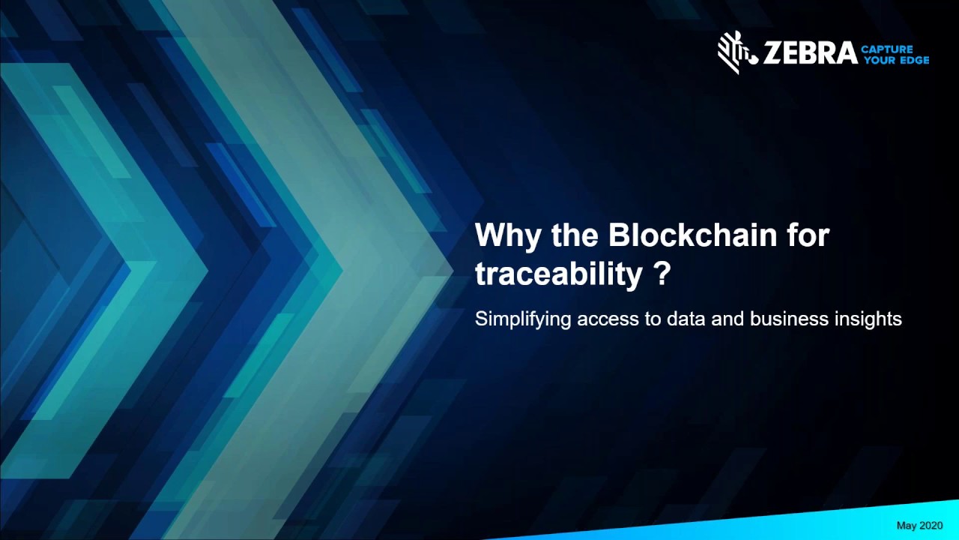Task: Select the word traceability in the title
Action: click(x=558, y=274)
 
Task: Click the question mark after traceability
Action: click(x=661, y=274)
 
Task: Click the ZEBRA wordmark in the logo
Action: click(x=810, y=53)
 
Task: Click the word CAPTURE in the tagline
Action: click(x=887, y=49)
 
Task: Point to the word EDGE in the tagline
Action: click(x=913, y=60)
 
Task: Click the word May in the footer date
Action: click(x=907, y=526)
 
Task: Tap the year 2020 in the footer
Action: click(x=931, y=526)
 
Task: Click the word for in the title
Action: click(x=808, y=235)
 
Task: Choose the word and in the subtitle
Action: click(x=723, y=319)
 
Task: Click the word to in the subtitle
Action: click(x=651, y=319)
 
